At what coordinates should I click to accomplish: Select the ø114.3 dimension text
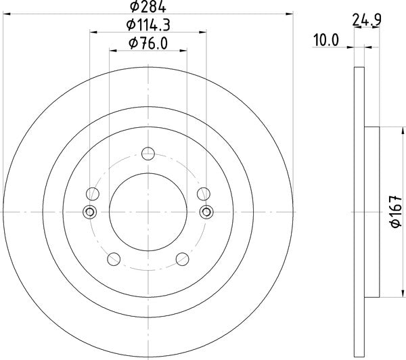point(147,26)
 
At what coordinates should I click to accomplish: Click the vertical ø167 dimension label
point(396,212)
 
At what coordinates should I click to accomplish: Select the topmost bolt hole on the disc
point(147,153)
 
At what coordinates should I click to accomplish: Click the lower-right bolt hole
point(181,260)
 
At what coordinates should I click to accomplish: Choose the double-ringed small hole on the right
point(205,212)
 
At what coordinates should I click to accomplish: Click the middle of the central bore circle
point(147,212)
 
